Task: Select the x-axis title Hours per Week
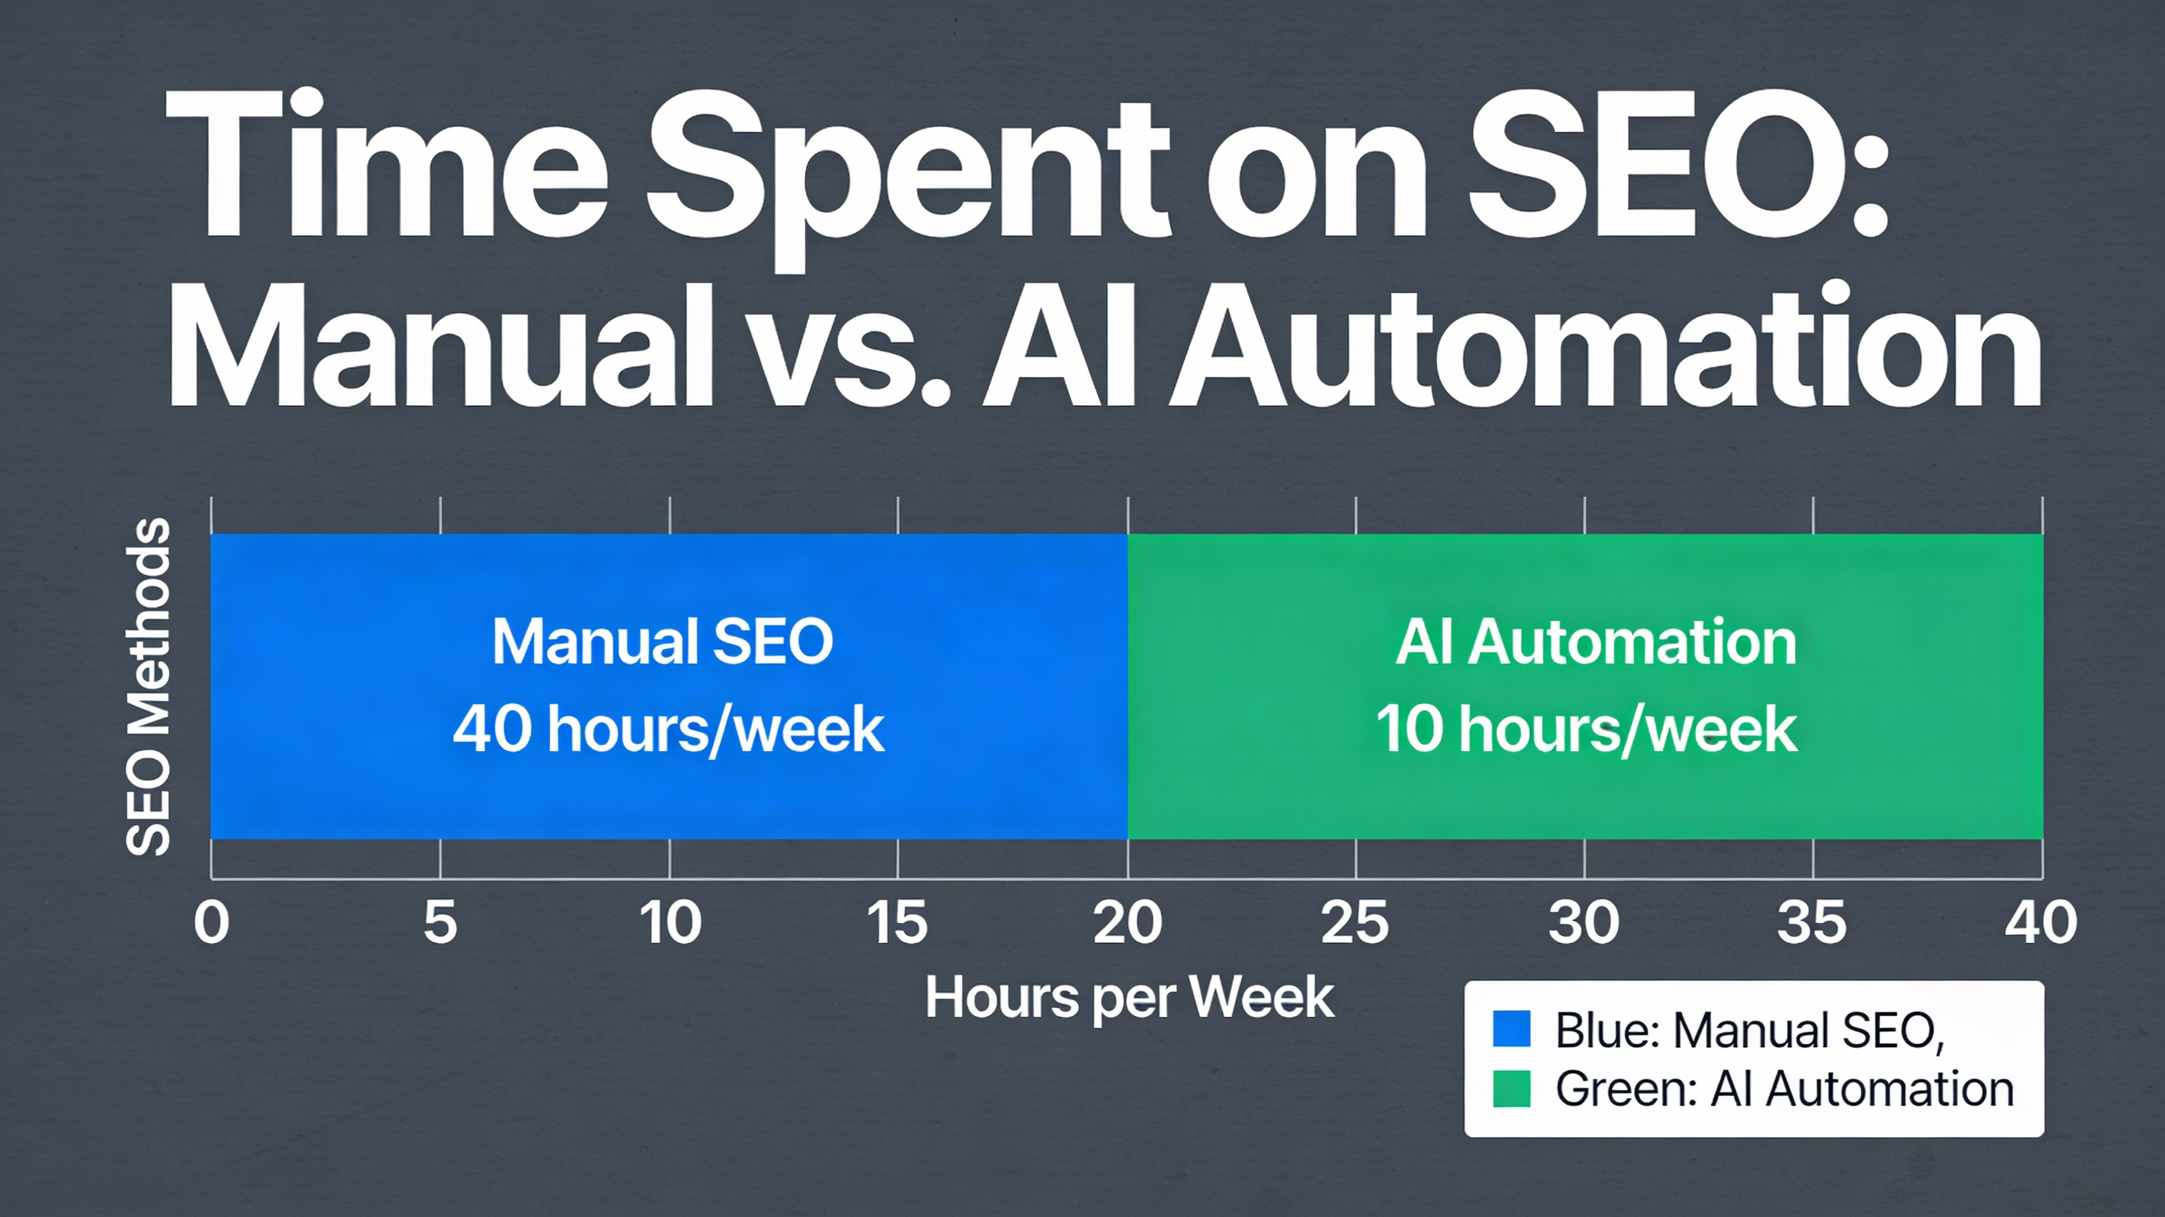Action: tap(1129, 998)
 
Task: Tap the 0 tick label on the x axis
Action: tap(211, 922)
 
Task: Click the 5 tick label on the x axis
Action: tap(440, 922)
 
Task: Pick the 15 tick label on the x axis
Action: tap(897, 922)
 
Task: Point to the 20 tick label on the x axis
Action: tap(1127, 922)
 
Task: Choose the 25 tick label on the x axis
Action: tap(1355, 922)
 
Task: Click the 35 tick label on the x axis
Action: tap(1812, 922)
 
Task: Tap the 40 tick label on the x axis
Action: tap(2041, 922)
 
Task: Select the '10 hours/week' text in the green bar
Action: tap(1586, 729)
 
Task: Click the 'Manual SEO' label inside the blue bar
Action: tap(662, 641)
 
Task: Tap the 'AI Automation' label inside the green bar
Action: tap(1595, 641)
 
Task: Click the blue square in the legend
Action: tap(1511, 1028)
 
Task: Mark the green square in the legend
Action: tap(1511, 1088)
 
